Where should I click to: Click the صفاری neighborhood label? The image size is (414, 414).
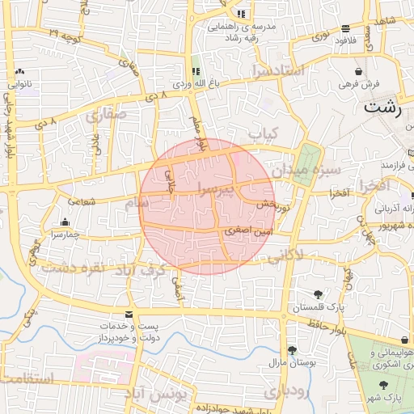coord(106,116)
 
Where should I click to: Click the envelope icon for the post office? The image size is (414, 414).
coord(128,314)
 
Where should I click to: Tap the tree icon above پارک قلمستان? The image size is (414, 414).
coord(318,294)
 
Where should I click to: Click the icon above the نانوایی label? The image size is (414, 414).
coord(19,72)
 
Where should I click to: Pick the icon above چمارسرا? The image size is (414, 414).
coord(65,222)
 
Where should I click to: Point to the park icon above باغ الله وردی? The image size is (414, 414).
coord(195,70)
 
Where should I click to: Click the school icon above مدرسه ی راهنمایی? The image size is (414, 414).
coord(241,14)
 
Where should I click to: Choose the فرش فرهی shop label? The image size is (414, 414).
coord(353,84)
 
